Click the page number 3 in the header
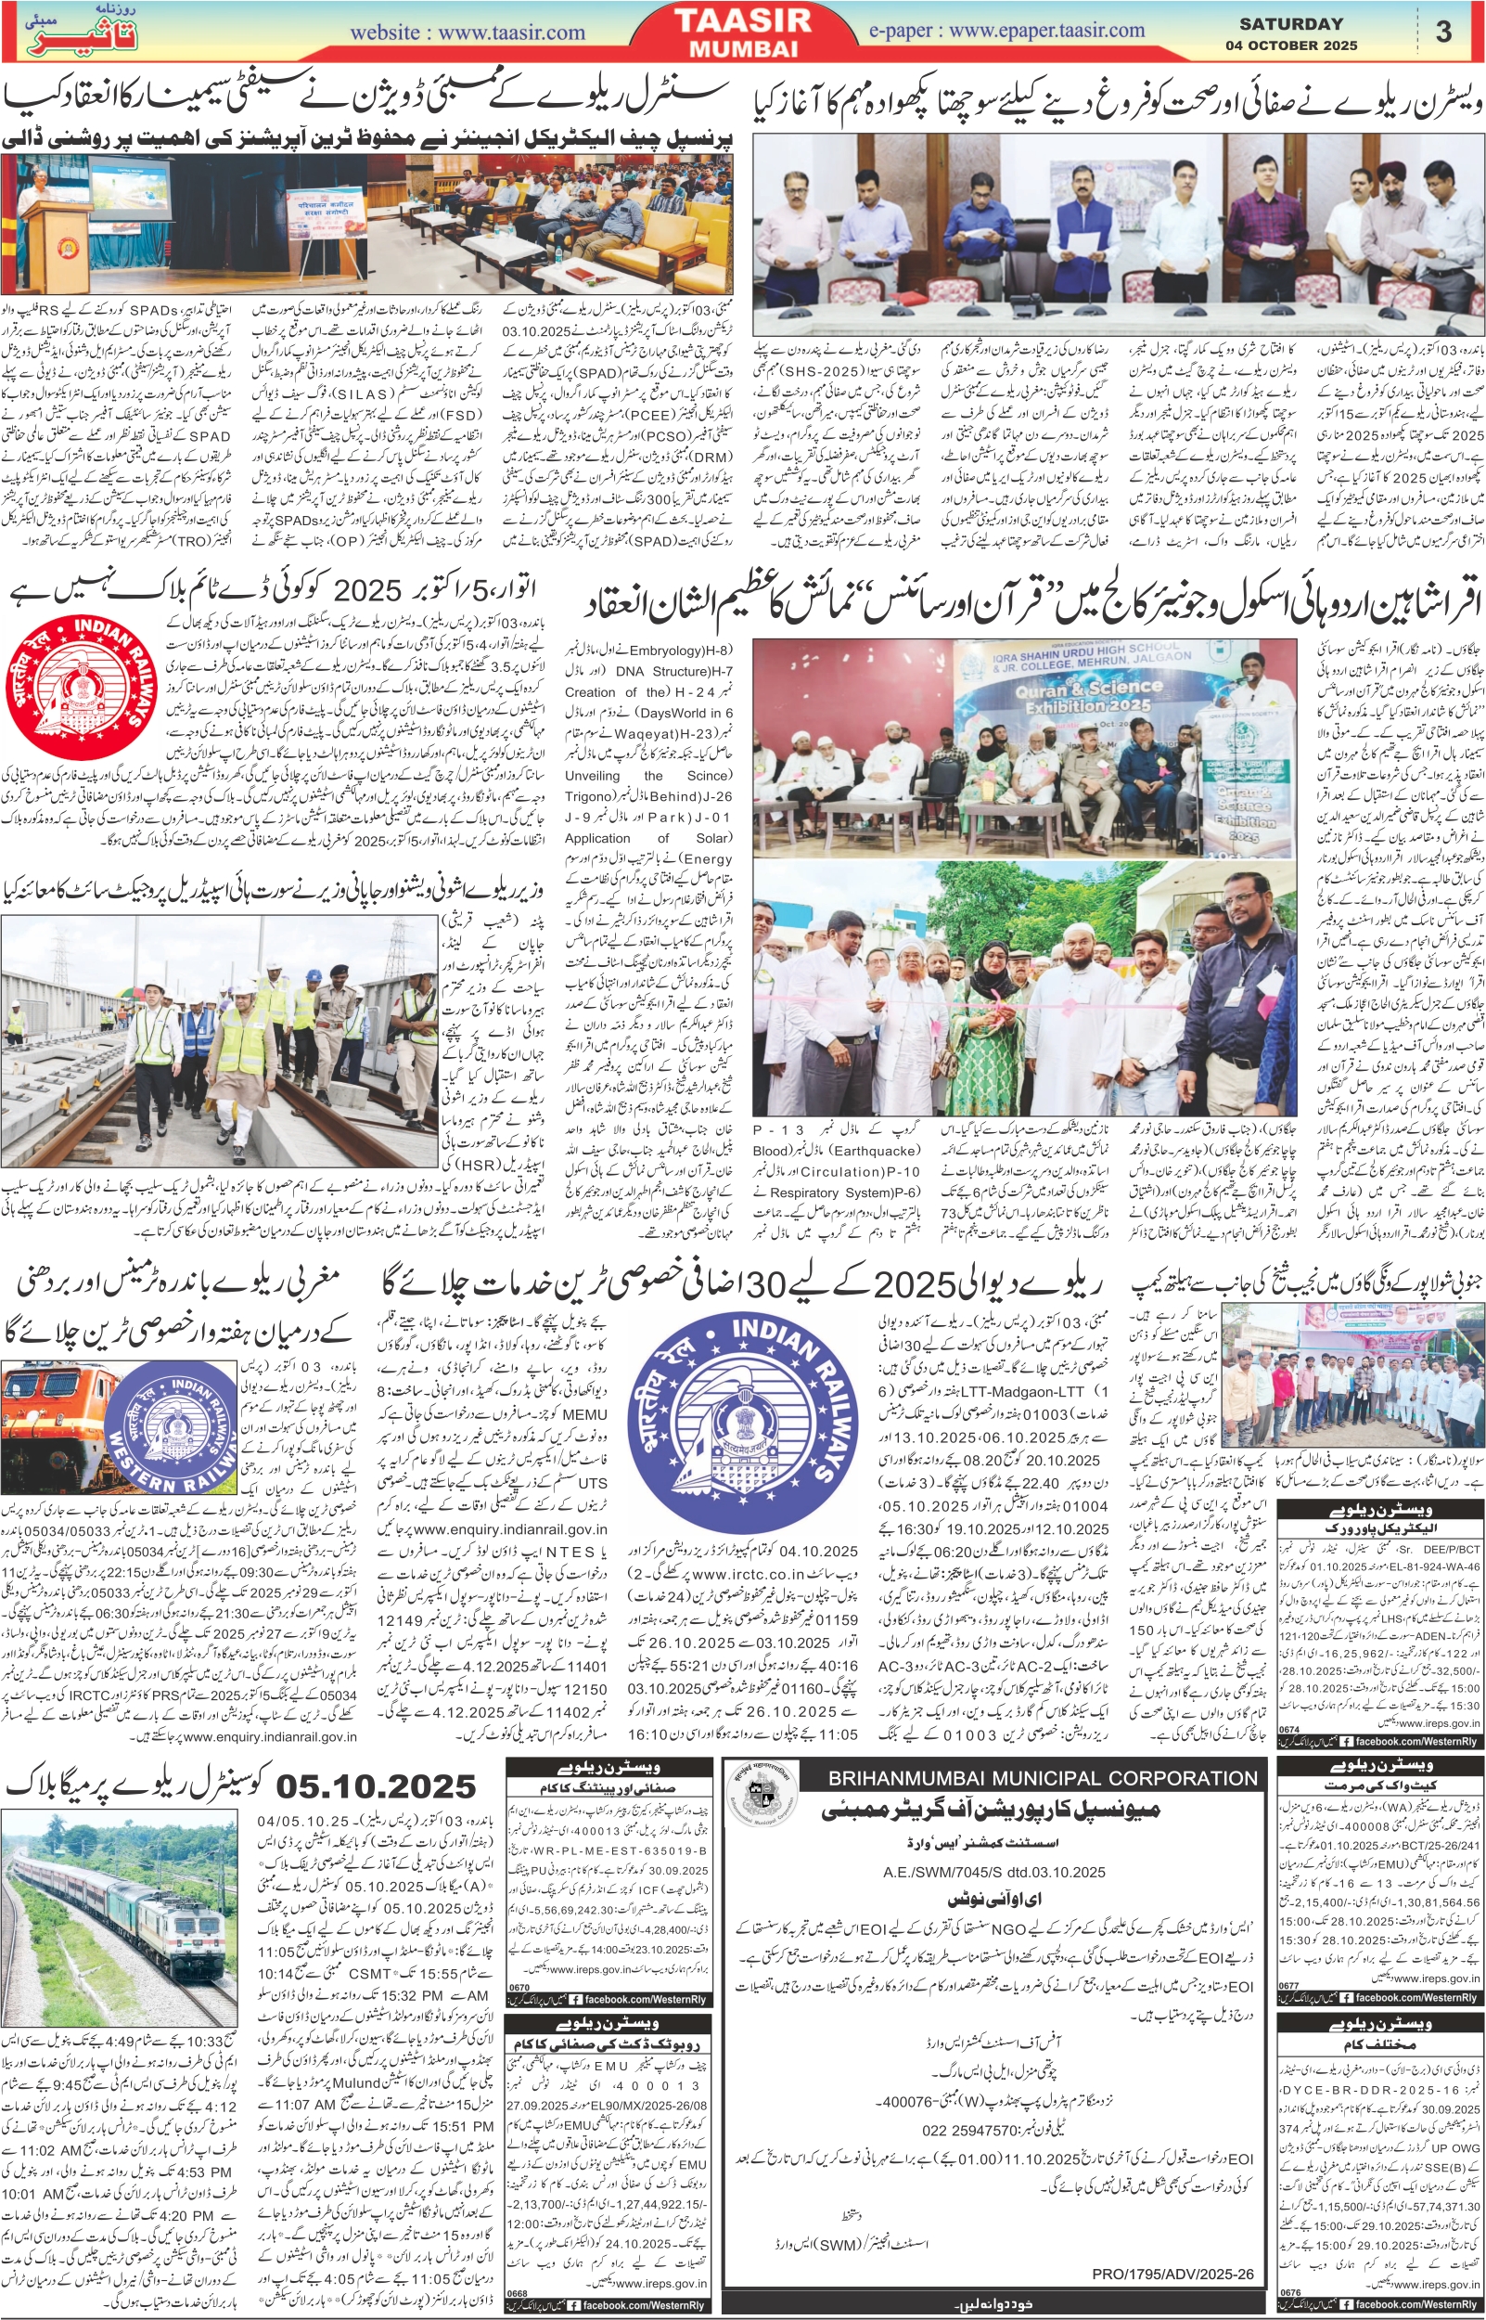tap(1442, 32)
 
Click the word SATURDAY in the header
tap(1291, 24)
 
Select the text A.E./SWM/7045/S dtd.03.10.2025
tap(993, 1845)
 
